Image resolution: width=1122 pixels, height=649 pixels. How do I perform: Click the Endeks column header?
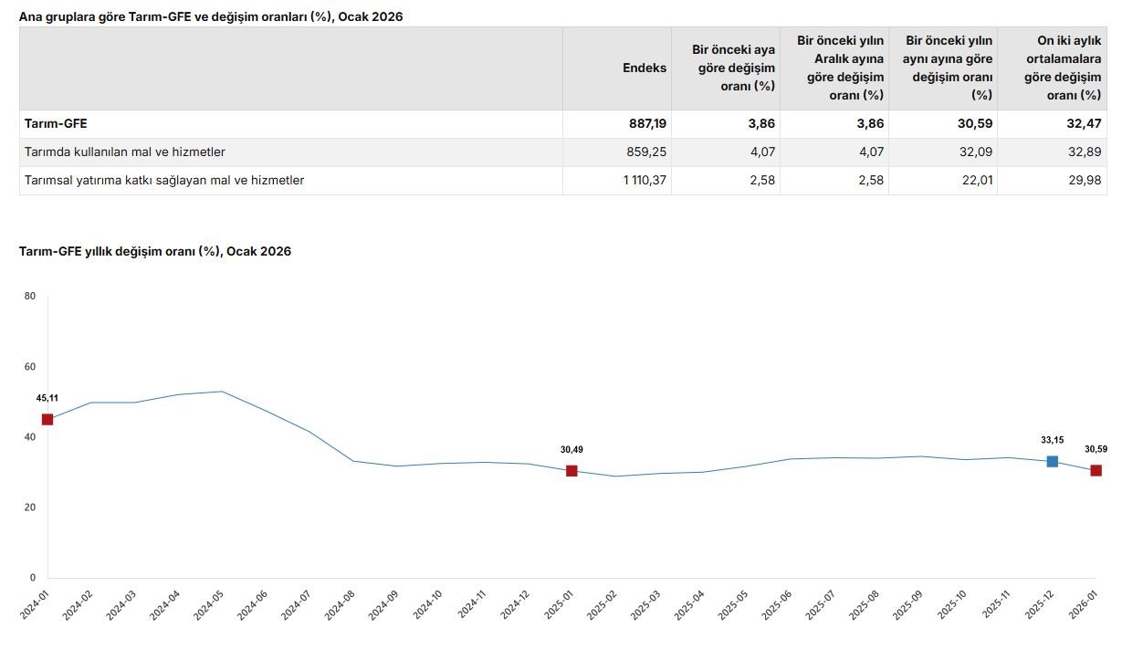pos(645,68)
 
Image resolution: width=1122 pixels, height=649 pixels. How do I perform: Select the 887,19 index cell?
pos(646,123)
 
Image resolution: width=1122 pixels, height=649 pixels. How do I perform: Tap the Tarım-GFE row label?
pos(56,123)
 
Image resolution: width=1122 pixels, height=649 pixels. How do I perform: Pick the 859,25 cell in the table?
pos(646,152)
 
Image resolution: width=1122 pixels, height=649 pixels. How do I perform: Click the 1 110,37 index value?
pos(645,180)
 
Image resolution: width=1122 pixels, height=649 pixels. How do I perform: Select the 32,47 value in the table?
pos(1085,123)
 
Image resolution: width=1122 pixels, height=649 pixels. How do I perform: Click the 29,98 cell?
pos(1085,180)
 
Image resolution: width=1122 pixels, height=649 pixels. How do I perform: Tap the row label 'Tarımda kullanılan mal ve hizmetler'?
pos(125,152)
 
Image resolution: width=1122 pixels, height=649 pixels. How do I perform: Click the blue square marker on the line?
pos(1052,462)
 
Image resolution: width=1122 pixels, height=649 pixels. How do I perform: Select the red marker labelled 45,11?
pos(47,420)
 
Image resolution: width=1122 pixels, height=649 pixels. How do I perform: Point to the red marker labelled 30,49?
pos(571,471)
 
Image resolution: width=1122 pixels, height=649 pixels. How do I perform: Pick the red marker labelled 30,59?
pos(1096,471)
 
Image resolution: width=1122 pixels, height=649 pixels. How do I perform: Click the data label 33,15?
pos(1052,440)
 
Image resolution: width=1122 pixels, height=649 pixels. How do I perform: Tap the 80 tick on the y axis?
pos(30,296)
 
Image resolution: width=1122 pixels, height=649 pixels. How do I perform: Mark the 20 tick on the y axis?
pos(30,508)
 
